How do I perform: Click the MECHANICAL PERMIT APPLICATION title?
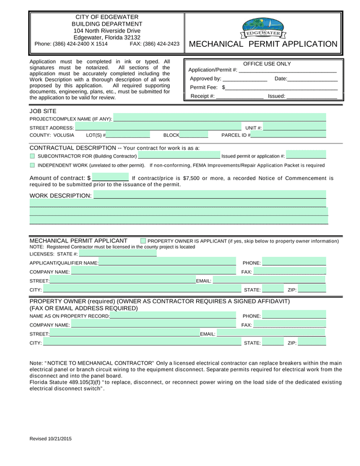263,44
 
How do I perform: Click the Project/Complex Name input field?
219,118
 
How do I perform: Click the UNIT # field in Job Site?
295,128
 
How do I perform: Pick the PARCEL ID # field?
289,136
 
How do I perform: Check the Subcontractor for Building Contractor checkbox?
32,156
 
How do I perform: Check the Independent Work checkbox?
32,165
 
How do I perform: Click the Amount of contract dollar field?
110,178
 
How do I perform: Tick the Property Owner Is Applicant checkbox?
143,241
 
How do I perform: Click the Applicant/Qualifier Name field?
168,263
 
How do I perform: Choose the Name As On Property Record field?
173,316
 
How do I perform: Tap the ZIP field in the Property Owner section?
312,342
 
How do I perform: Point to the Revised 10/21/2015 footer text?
51,438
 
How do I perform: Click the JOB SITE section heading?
43,111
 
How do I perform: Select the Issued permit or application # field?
306,156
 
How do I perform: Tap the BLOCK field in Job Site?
194,136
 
